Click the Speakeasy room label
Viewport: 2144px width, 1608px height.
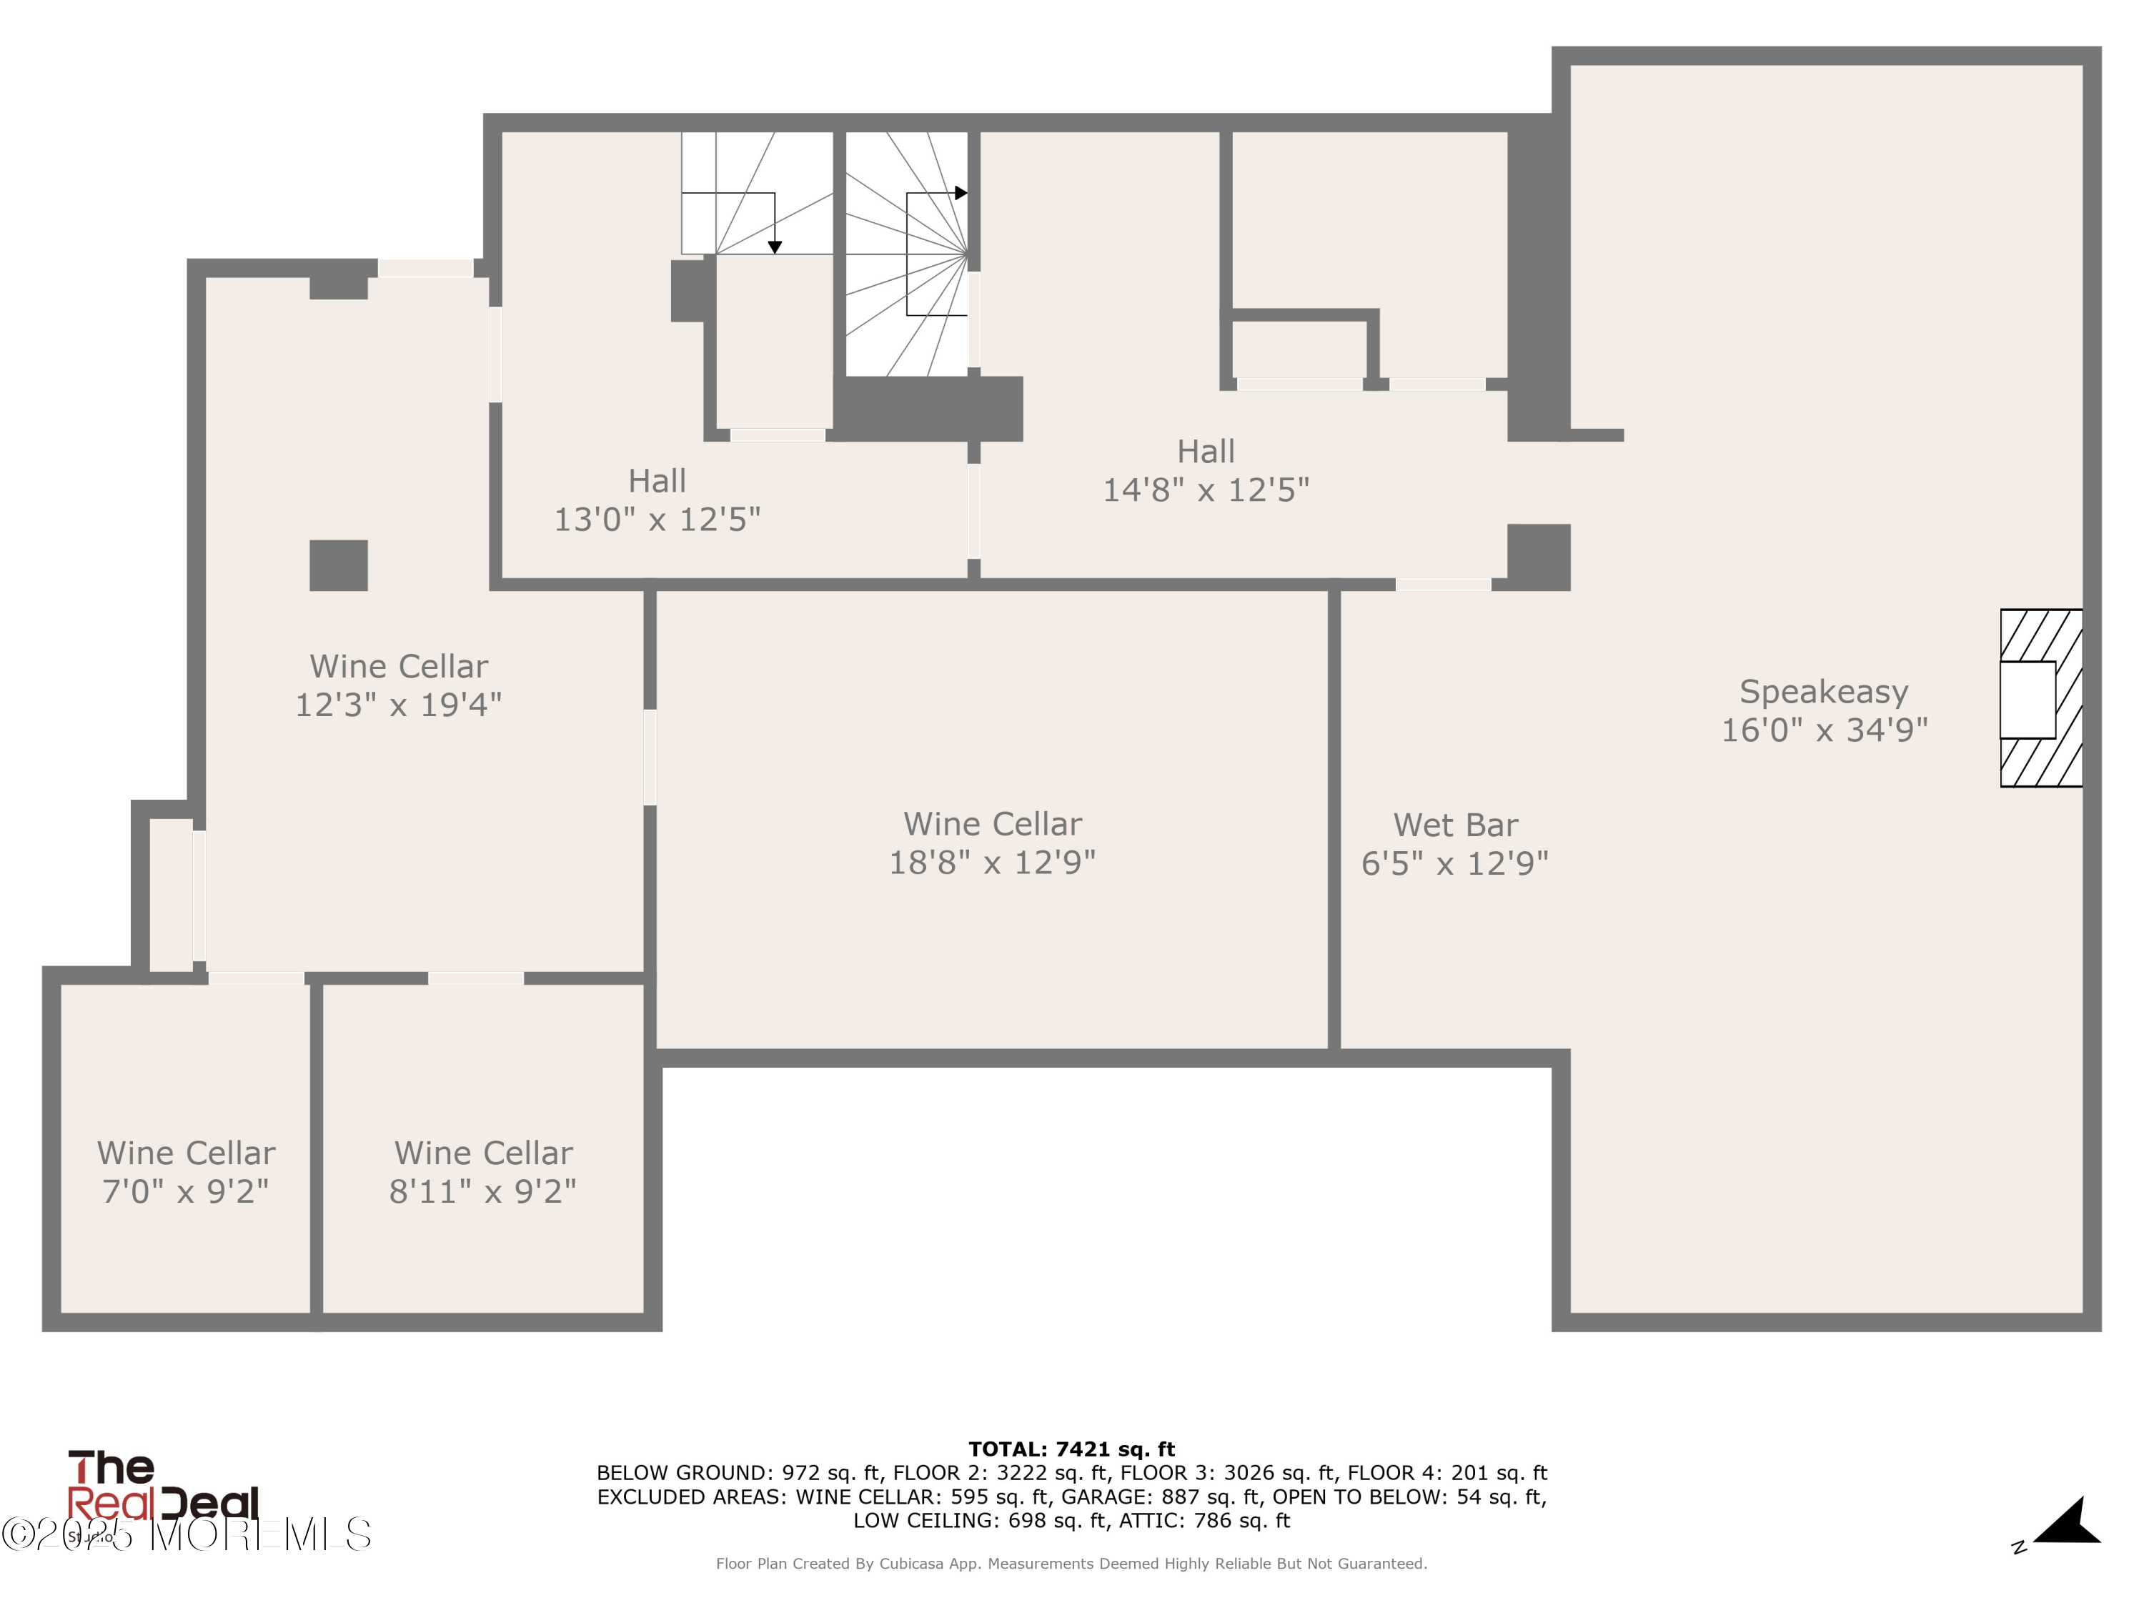coord(1823,692)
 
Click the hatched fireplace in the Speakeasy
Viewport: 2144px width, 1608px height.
coord(2040,698)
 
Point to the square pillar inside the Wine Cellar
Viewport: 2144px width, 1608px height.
coord(338,565)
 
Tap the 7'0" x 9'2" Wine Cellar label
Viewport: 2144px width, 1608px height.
coord(185,1172)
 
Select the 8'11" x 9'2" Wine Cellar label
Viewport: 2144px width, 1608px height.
coord(482,1172)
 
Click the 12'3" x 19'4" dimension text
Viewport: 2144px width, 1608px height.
coord(398,705)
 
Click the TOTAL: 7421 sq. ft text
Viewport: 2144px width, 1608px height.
coord(1071,1449)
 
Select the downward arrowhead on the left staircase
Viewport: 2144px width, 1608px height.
coord(775,248)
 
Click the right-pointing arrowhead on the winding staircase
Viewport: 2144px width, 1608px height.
coord(961,193)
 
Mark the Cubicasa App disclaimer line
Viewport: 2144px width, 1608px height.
coord(1071,1564)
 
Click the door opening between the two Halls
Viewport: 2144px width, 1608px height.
coord(973,511)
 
